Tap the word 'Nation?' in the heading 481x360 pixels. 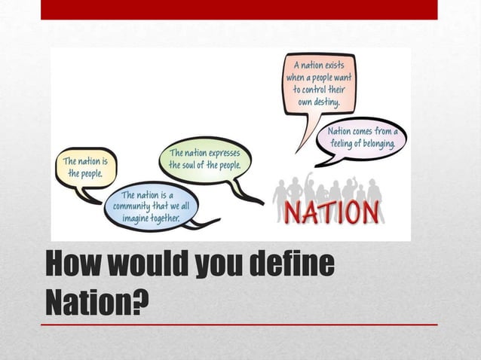(97, 302)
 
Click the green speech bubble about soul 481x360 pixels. (204, 159)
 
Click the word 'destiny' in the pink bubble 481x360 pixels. (326, 102)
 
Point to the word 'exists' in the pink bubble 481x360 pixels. (332, 65)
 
